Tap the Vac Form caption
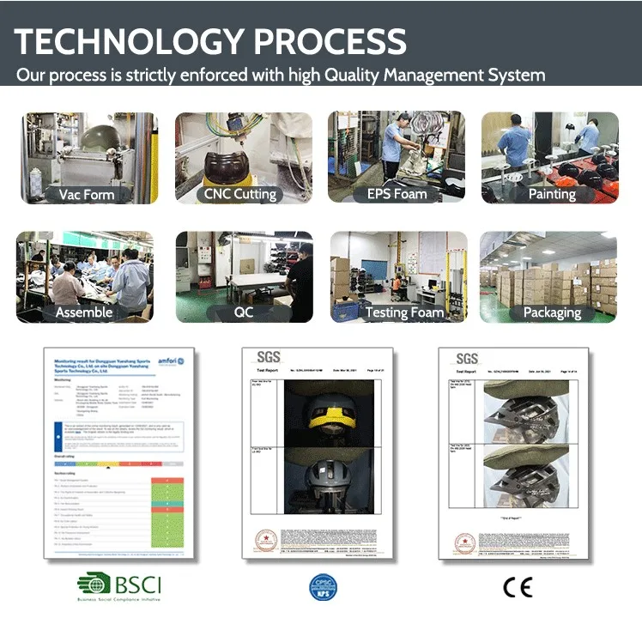(x=86, y=194)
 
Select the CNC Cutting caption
(x=240, y=194)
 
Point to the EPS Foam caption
(x=397, y=194)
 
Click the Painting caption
(x=551, y=194)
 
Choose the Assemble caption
(x=84, y=312)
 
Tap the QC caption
(x=244, y=312)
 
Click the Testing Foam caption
(x=404, y=312)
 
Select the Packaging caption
(x=552, y=312)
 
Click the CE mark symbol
(x=517, y=587)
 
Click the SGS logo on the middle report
(x=270, y=358)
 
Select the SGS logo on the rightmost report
(x=467, y=358)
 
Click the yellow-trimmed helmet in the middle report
(x=321, y=413)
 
